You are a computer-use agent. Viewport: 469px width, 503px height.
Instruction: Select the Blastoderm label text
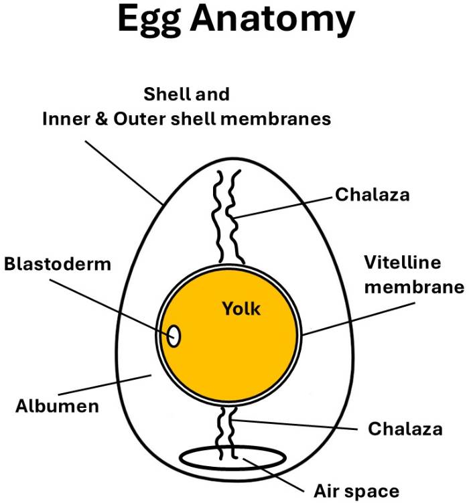pyautogui.click(x=57, y=263)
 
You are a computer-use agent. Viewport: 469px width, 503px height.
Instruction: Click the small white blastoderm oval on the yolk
pyautogui.click(x=174, y=336)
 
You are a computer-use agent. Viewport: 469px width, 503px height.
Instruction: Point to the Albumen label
pyautogui.click(x=57, y=405)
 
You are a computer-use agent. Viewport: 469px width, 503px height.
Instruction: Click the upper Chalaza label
pyautogui.click(x=372, y=195)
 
